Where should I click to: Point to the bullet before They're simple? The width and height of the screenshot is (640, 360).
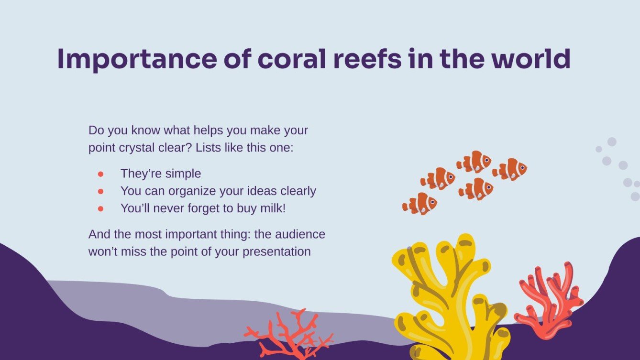click(x=100, y=174)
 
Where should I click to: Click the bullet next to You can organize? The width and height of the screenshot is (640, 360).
click(x=100, y=191)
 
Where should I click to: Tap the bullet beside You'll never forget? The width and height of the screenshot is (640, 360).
click(x=100, y=208)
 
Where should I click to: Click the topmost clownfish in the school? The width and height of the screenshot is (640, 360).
click(x=474, y=162)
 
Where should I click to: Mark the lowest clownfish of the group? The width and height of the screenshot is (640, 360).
click(x=419, y=204)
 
